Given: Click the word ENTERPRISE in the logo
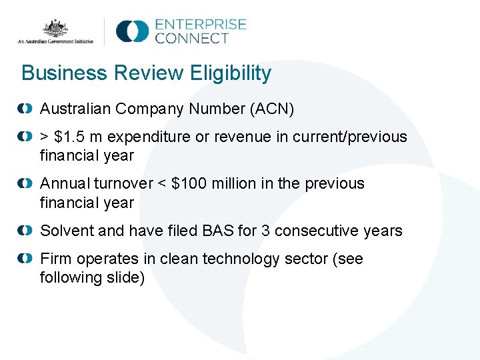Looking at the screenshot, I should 201,25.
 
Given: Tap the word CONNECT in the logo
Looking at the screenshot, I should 192,39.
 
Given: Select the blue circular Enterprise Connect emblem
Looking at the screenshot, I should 131,31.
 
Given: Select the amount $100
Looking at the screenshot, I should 191,183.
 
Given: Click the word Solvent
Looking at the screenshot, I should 67,231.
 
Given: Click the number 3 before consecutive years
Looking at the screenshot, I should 266,231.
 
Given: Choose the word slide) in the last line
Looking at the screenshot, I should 124,277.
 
